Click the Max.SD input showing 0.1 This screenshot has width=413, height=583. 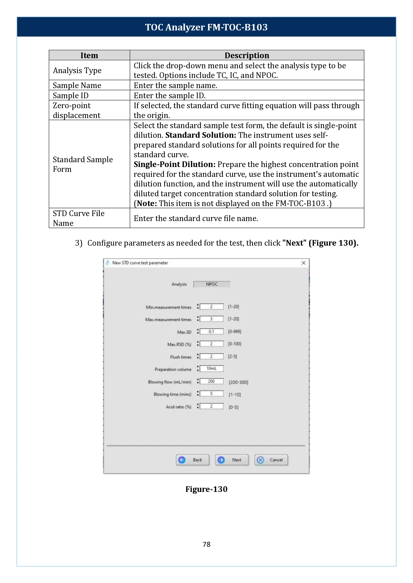(x=211, y=332)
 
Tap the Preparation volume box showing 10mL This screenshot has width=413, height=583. (x=211, y=368)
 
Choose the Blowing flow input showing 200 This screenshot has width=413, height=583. (x=211, y=381)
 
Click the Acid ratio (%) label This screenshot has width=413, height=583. (x=178, y=407)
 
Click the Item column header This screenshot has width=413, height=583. (x=89, y=55)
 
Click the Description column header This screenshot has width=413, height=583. (x=247, y=55)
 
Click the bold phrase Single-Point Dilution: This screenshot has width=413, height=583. (x=174, y=165)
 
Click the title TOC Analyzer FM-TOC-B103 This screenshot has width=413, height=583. (x=206, y=27)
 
